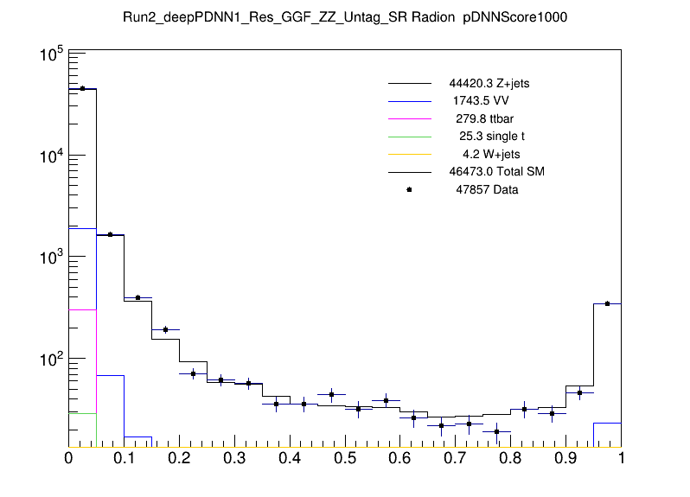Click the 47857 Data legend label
click(487, 189)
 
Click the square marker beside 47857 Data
click(409, 189)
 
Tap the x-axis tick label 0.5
click(345, 457)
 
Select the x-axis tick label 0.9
click(565, 457)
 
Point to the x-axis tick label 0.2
click(179, 457)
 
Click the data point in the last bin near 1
click(608, 303)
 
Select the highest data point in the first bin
click(82, 88)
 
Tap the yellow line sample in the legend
click(409, 154)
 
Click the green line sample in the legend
click(409, 136)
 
